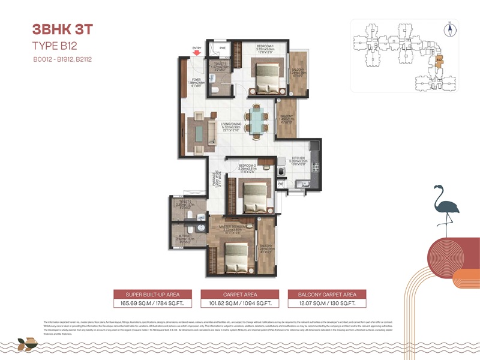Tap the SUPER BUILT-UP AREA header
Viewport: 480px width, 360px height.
[153, 295]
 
